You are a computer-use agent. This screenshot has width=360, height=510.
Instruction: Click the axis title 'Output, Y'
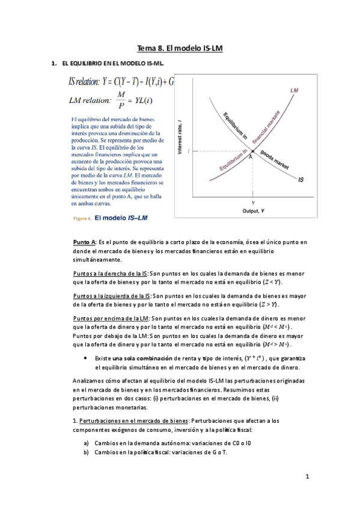254,211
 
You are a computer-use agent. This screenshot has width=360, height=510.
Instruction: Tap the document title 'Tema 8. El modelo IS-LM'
180,48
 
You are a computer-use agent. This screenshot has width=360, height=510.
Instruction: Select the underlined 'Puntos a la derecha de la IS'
110,273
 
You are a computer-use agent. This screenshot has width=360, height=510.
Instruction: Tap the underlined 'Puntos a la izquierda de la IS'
112,296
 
